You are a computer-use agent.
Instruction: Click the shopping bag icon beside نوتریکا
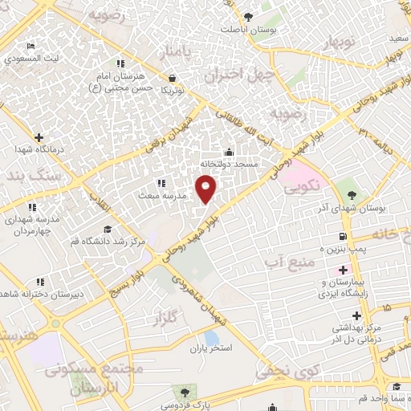[173, 78]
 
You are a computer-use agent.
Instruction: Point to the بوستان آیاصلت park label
[248, 30]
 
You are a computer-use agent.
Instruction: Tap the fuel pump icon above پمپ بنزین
[343, 236]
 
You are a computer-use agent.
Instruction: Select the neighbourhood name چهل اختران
[234, 76]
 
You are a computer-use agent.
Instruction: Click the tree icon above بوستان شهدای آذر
[349, 195]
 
